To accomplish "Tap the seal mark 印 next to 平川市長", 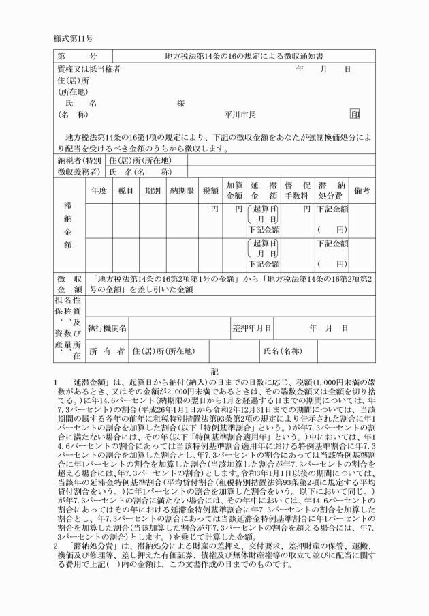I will click(354, 115).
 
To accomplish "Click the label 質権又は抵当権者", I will click(89, 69).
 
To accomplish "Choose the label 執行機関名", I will click(108, 328).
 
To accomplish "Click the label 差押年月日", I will click(252, 328).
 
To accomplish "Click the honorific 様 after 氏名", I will click(180, 103).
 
